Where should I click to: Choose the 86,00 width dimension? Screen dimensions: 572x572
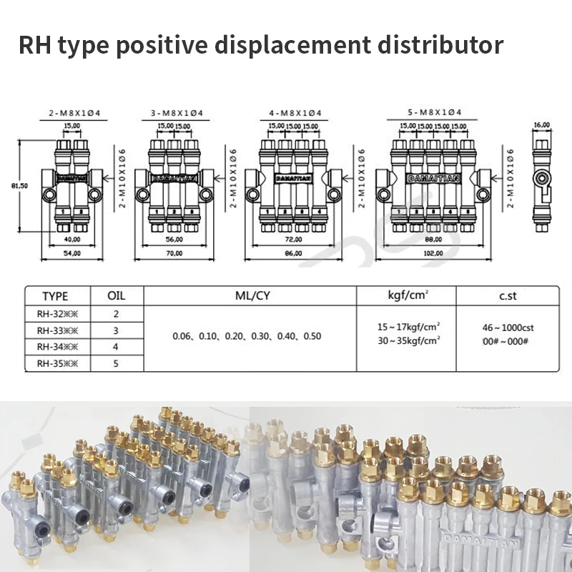point(294,253)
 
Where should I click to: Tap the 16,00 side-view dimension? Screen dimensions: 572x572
point(541,124)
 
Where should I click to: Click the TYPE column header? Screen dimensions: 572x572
point(55,296)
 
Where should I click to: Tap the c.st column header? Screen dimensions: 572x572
point(508,296)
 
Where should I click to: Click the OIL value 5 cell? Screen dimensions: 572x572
point(116,363)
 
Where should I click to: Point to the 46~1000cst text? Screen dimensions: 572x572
point(508,327)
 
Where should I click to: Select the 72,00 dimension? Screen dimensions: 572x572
point(294,240)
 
